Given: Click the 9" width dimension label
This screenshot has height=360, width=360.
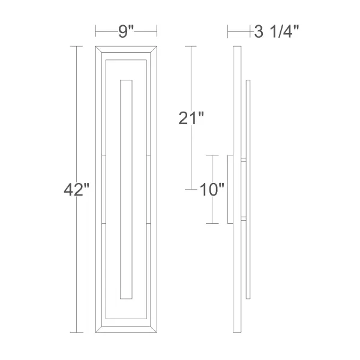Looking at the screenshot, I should [125, 32].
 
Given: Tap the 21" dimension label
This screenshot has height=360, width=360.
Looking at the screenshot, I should [191, 118].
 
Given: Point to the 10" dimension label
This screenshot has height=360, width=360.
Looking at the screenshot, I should [212, 190].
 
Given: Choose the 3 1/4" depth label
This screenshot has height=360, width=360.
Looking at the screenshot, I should [277, 32].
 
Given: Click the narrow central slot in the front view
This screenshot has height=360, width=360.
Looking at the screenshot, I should [126, 189].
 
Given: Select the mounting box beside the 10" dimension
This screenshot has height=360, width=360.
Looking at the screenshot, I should [230, 189].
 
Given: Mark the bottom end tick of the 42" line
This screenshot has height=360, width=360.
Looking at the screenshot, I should [76, 332].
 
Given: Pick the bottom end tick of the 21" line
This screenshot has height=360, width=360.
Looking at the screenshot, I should [190, 189].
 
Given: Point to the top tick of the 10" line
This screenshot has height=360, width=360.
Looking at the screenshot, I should [212, 155].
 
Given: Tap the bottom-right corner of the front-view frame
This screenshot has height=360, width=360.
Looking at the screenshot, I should [157, 332].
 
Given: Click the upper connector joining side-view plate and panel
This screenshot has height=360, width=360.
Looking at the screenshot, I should [243, 160].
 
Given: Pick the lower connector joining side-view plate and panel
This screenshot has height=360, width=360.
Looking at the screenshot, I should [243, 218].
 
